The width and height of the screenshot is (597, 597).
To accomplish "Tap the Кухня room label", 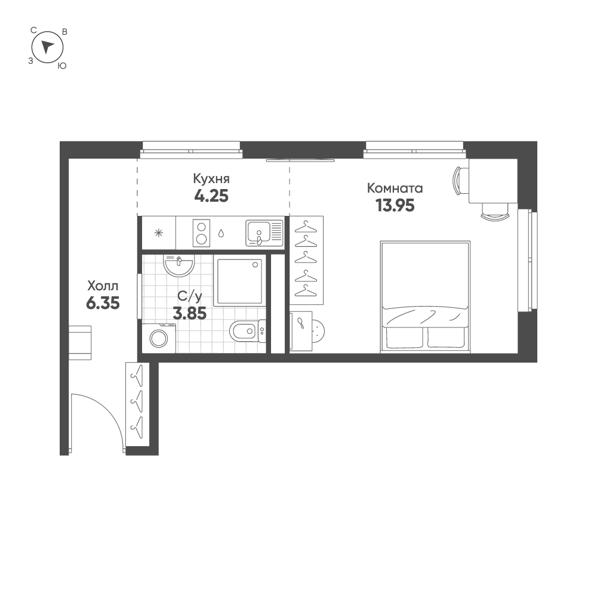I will [x=211, y=178].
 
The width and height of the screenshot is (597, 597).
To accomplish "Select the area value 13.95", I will [x=395, y=206].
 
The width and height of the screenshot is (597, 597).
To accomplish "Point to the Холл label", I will [x=103, y=284].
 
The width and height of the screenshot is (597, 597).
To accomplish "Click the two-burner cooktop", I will [x=202, y=233].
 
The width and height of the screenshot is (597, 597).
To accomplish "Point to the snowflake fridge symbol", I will [x=158, y=233].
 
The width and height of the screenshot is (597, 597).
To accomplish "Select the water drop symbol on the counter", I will [x=222, y=233].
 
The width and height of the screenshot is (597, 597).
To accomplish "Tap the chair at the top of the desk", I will [x=461, y=180].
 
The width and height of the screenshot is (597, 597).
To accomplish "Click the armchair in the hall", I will [x=79, y=342].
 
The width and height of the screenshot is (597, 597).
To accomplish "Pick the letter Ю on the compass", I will [x=61, y=66].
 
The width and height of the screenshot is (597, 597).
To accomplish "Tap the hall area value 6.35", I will [x=103, y=303].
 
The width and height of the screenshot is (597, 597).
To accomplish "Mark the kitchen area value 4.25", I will [x=211, y=196].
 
